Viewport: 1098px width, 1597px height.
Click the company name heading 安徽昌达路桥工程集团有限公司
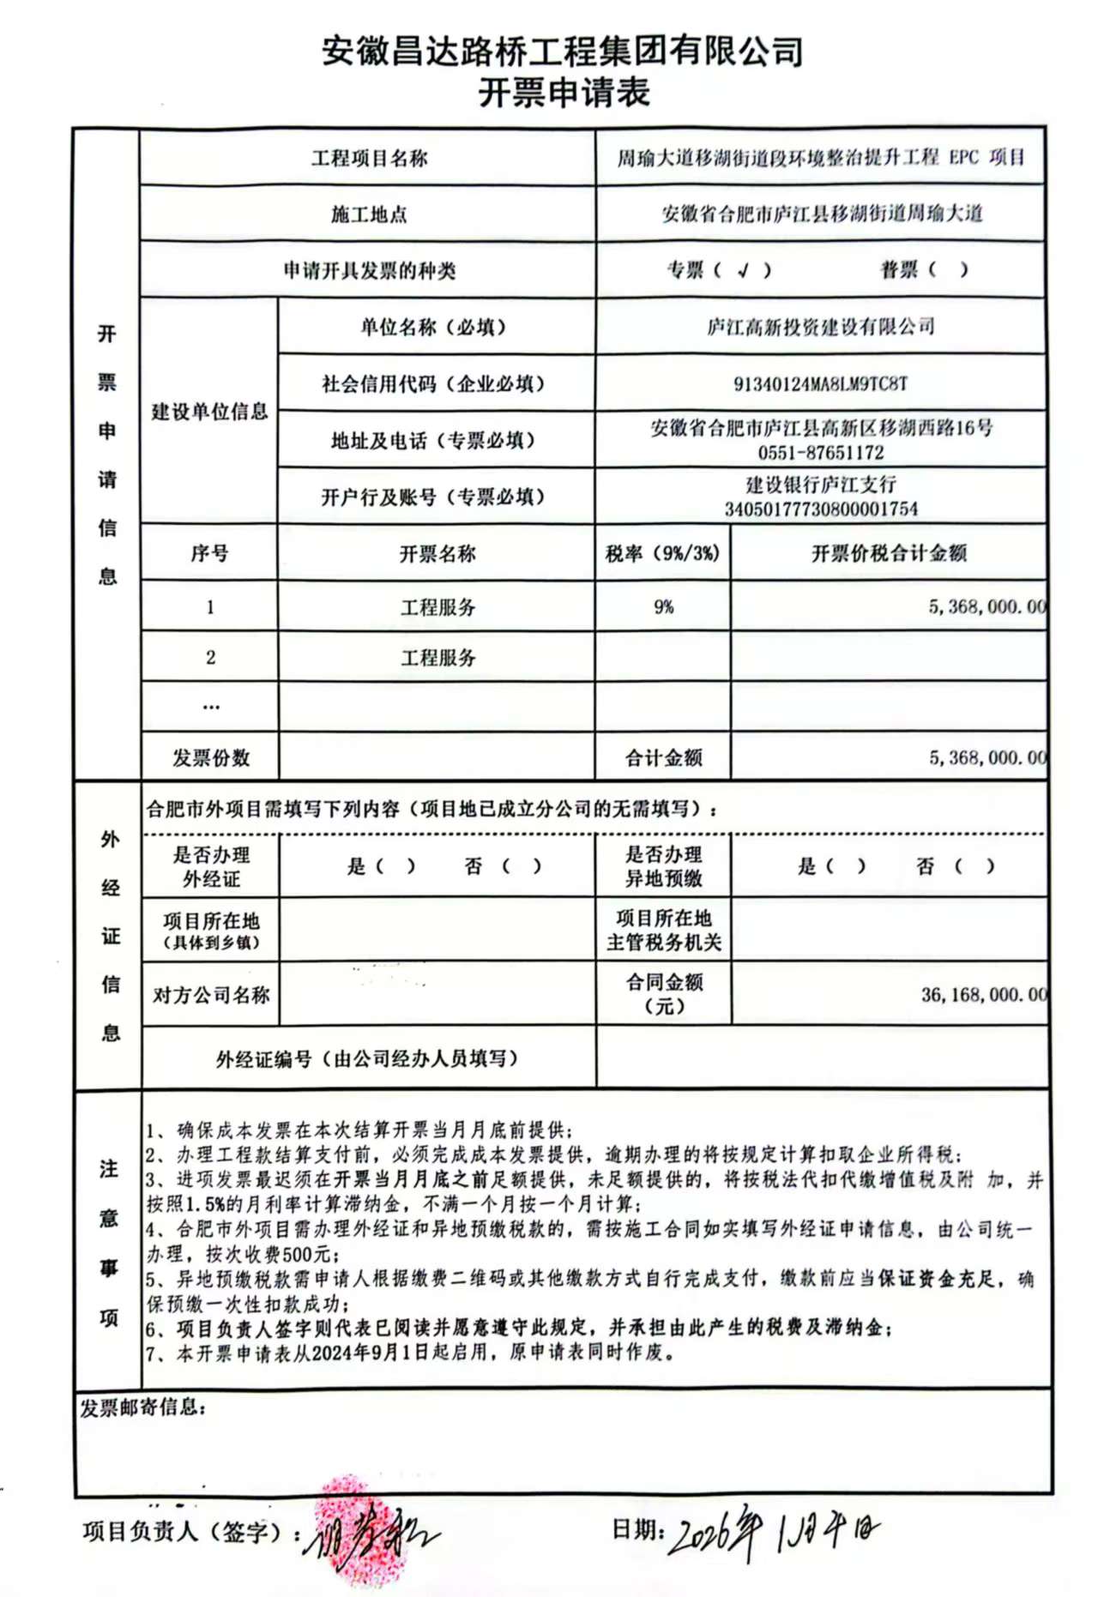click(x=563, y=51)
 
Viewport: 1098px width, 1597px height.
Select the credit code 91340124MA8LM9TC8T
click(x=820, y=383)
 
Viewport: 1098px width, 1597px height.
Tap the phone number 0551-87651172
click(x=820, y=452)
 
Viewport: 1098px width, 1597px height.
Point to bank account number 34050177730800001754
click(x=821, y=509)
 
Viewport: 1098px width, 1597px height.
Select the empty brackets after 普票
click(x=947, y=270)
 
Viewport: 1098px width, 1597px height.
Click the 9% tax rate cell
click(x=663, y=606)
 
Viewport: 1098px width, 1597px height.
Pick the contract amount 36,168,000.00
click(x=983, y=995)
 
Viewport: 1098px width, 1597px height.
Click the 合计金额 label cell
click(x=663, y=757)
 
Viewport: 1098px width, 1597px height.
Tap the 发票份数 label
click(x=210, y=757)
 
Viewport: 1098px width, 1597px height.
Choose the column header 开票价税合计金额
click(x=889, y=553)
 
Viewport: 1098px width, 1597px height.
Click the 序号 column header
click(x=209, y=553)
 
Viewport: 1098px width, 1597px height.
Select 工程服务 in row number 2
click(x=437, y=658)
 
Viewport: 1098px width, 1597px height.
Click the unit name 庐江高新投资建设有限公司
click(x=820, y=327)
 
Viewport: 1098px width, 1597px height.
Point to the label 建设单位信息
click(x=209, y=412)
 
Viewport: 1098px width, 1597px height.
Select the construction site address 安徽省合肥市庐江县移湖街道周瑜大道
click(x=821, y=214)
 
